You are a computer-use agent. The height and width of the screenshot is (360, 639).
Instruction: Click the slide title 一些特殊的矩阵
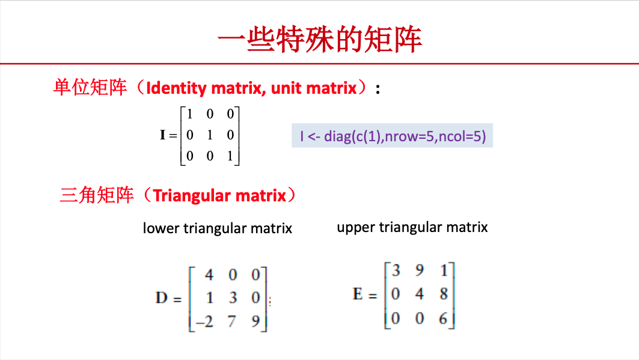320,40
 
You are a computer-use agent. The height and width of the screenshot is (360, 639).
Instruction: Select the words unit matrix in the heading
314,88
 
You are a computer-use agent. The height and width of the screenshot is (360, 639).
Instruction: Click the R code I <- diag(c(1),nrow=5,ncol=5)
393,136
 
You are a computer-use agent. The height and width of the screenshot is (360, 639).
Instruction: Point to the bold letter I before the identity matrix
162,135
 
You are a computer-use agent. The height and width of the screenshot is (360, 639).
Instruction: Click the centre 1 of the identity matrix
209,135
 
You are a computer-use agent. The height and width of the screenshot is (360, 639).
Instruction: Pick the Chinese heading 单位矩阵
90,87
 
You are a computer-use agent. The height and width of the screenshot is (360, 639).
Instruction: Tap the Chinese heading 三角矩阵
97,195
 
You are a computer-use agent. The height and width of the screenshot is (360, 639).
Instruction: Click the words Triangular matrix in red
219,195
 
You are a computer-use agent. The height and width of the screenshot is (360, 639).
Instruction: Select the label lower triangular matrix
217,228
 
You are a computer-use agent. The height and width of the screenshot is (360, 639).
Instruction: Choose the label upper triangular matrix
412,227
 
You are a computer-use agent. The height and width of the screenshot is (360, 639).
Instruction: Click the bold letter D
161,297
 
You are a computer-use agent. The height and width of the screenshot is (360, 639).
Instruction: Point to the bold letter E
358,294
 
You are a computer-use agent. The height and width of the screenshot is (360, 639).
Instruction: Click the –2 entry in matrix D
204,322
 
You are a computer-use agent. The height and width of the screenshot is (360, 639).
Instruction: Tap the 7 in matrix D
232,322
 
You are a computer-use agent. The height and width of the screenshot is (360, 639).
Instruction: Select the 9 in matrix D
255,322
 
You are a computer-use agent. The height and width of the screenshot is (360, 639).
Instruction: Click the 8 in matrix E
444,294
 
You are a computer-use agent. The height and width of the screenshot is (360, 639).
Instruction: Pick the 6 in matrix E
444,318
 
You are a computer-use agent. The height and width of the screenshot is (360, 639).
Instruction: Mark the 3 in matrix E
396,270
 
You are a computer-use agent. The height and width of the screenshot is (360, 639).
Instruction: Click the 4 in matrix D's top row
209,275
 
